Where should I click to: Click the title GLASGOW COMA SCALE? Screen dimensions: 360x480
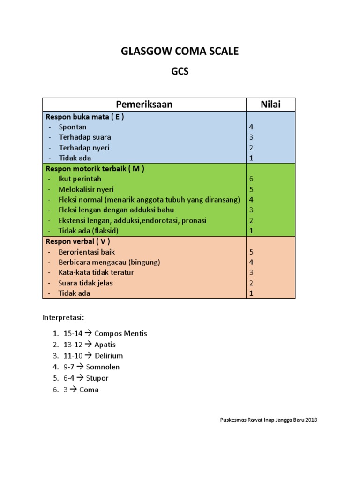coord(180,52)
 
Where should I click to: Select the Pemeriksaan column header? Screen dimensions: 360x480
coord(144,105)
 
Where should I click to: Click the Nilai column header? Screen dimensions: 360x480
coord(270,105)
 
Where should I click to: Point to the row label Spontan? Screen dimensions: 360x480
coord(73,127)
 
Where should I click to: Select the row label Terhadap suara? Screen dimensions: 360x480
coord(85,137)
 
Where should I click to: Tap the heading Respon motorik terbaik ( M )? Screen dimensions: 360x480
coord(94,169)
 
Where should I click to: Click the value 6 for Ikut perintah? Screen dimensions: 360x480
coord(251,179)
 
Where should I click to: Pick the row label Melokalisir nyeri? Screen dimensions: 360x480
coord(86,189)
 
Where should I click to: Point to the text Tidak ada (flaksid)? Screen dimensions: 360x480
coord(89,231)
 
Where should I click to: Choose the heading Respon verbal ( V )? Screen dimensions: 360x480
coord(77,241)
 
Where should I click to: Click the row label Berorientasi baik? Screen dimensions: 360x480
coord(87,252)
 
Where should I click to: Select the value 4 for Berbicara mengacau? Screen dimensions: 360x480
coord(251,262)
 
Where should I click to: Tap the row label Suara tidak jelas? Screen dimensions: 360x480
coord(86,283)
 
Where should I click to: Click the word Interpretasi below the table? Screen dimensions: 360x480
coord(63,317)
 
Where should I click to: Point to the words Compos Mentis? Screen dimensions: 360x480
coord(120,334)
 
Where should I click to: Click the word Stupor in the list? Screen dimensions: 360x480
coord(97,378)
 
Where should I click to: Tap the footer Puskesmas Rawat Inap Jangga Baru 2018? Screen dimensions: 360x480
coord(269,420)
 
